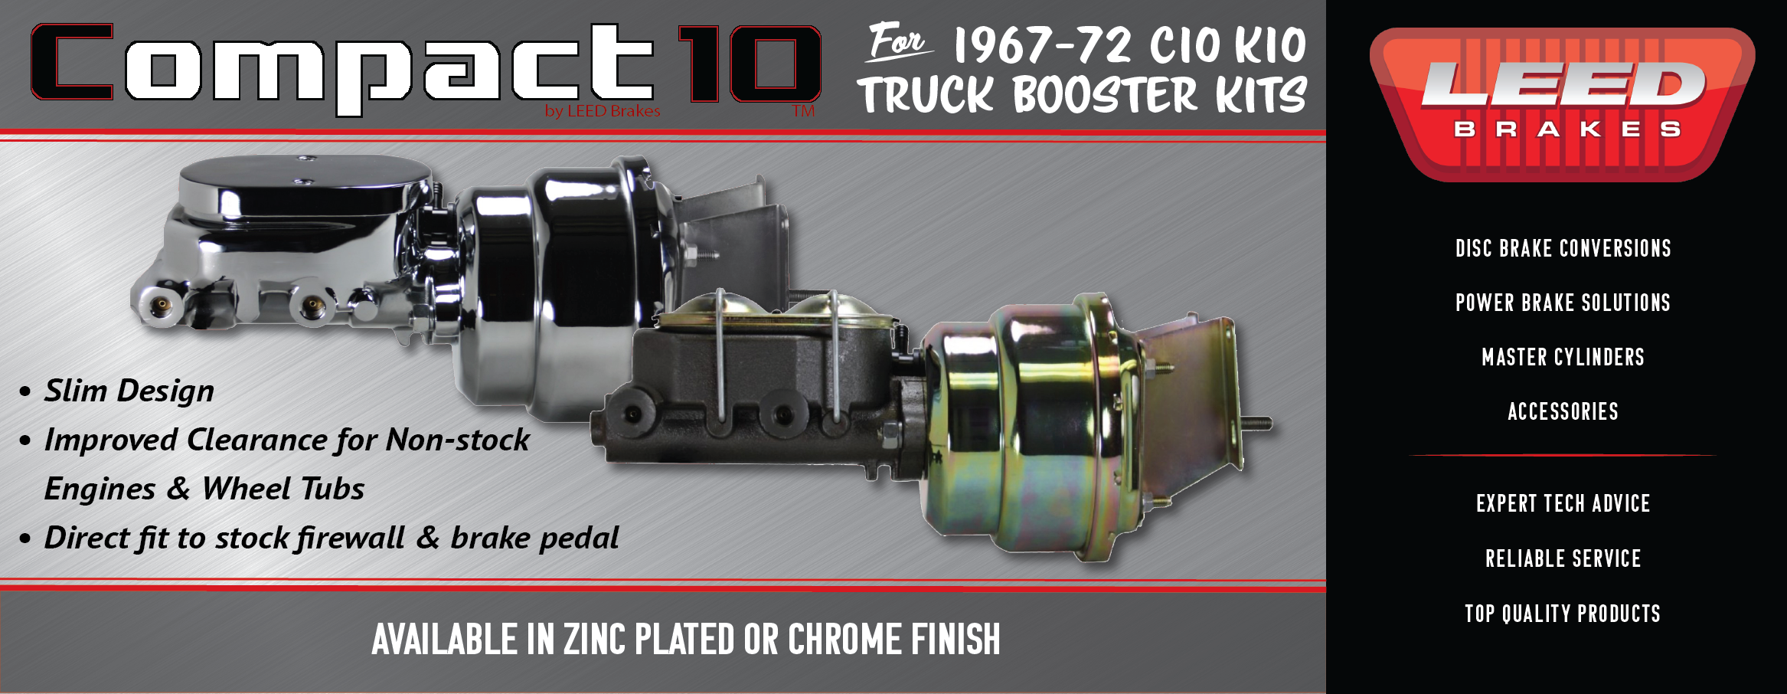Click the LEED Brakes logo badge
point(1562,103)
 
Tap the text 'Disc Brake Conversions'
point(1563,249)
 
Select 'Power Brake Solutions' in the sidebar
point(1563,303)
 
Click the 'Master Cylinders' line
point(1563,358)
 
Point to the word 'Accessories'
point(1563,412)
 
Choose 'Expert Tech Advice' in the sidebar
point(1563,504)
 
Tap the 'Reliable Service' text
point(1563,559)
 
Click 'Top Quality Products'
point(1563,614)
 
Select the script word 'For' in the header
point(897,42)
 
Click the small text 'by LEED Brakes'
point(603,112)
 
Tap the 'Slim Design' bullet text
point(129,391)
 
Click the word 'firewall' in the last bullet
point(351,539)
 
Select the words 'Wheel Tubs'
point(283,489)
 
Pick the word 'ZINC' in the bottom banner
point(595,640)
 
